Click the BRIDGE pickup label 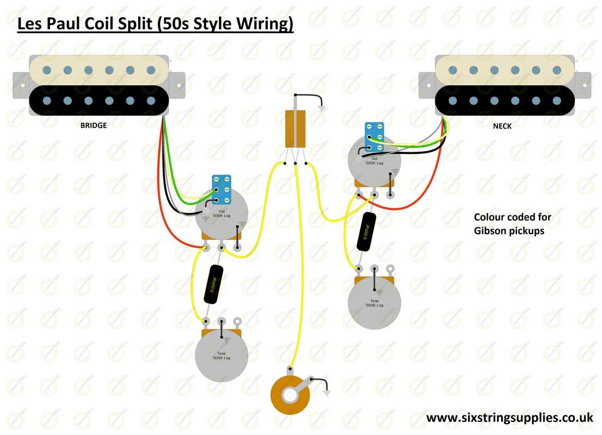[93, 125]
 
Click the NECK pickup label [502, 126]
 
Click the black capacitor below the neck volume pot [367, 232]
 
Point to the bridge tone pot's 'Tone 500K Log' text [221, 355]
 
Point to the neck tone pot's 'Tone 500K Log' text [374, 302]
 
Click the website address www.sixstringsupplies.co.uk [509, 418]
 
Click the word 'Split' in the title [136, 24]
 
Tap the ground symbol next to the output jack [327, 390]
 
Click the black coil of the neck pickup [505, 100]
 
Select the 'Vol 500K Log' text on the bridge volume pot [221, 214]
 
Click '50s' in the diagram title [173, 24]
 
